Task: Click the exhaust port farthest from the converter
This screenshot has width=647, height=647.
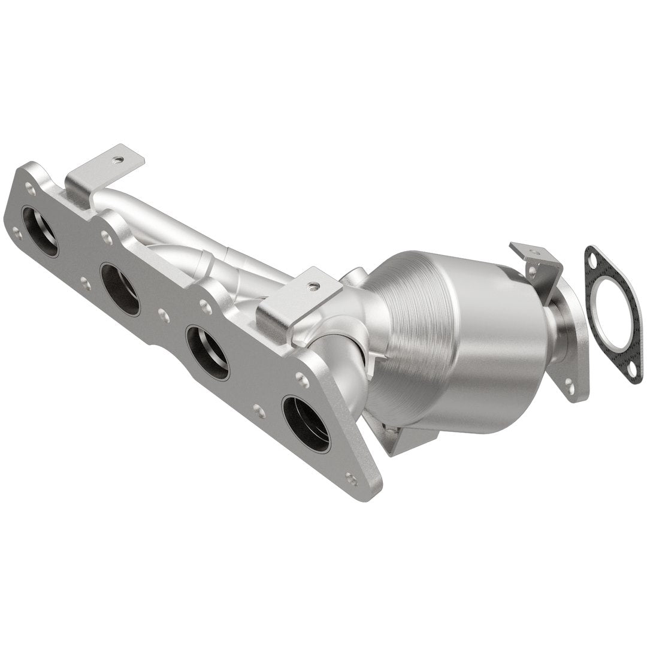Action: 40,231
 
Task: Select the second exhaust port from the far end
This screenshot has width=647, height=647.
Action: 120,289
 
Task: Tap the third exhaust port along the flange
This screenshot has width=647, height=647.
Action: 207,352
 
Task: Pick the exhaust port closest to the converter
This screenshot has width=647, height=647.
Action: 306,424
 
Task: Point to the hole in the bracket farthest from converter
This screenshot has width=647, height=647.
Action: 119,160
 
